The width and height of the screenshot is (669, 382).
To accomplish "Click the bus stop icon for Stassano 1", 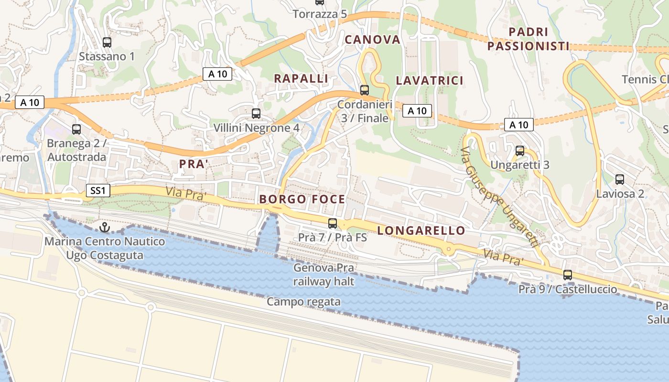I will (107, 42).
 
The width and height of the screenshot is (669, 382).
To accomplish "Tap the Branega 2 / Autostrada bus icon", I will (76, 129).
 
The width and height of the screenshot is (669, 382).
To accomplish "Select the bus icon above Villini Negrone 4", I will (256, 114).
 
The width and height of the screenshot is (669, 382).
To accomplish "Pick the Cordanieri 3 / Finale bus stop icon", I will (365, 90).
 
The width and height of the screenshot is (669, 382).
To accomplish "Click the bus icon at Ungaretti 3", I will (520, 151).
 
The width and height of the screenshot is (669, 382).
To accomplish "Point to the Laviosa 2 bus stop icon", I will (620, 180).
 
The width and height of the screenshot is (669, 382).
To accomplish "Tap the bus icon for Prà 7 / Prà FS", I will (333, 223).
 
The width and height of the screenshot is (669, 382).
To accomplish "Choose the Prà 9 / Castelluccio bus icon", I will (568, 275).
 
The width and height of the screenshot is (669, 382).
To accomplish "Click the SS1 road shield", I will (98, 191).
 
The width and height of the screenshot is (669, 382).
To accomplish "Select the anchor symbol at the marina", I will (104, 227).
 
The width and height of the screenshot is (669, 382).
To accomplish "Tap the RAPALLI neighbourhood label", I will (301, 78).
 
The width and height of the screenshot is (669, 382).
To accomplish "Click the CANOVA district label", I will (372, 40).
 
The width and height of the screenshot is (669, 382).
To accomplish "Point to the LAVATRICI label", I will (430, 80).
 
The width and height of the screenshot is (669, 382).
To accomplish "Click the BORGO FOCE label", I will (302, 199).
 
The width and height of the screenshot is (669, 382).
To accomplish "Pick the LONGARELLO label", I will (421, 231).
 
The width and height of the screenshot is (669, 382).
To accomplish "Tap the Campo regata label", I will (303, 302).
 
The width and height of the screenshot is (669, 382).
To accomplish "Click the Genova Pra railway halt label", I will (324, 275).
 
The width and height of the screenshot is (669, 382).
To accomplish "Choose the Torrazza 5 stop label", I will (320, 14).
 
